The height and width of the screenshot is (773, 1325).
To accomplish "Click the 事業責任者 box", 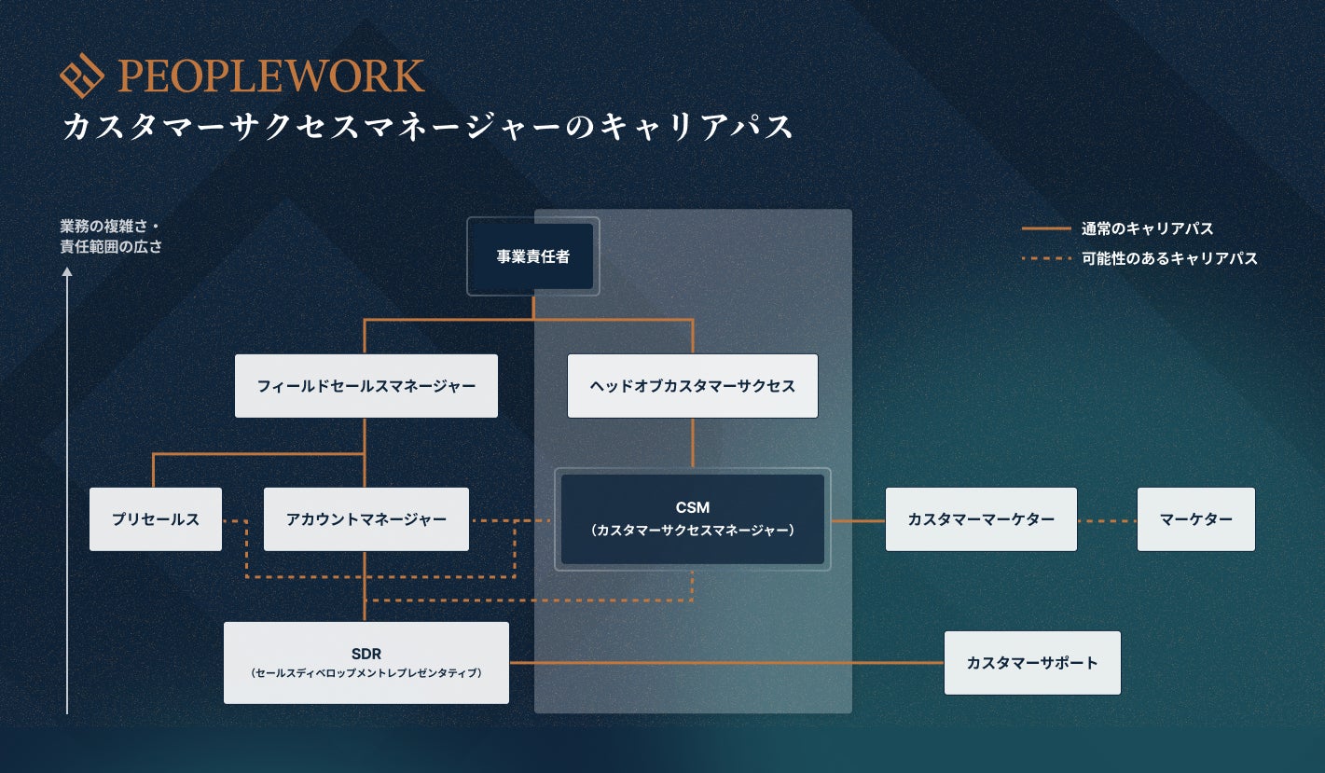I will pyautogui.click(x=532, y=256).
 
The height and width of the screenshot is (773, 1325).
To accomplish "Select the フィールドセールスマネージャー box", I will pyautogui.click(x=366, y=385).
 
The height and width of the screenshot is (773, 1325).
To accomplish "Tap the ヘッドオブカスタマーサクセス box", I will pyautogui.click(x=692, y=385).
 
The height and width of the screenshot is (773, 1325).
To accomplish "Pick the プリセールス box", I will pyautogui.click(x=156, y=519).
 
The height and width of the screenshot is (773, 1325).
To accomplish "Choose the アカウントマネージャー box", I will pyautogui.click(x=366, y=519).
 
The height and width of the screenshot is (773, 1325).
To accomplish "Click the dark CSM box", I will pyautogui.click(x=692, y=519).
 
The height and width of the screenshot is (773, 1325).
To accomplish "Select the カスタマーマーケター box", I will pyautogui.click(x=981, y=519).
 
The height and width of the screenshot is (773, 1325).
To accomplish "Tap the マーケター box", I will pyautogui.click(x=1195, y=519).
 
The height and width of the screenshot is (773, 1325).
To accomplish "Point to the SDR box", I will pyautogui.click(x=366, y=662).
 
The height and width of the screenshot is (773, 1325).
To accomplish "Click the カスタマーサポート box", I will pyautogui.click(x=1032, y=663).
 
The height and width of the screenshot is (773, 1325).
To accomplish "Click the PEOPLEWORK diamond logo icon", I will pyautogui.click(x=81, y=77).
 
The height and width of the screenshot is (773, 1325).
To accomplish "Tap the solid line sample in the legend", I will pyautogui.click(x=1045, y=228).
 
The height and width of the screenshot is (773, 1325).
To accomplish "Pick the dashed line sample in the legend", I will pyautogui.click(x=1045, y=258).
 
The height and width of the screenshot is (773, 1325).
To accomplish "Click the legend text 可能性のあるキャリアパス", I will pyautogui.click(x=1169, y=258).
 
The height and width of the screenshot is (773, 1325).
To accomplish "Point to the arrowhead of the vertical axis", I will pyautogui.click(x=67, y=273).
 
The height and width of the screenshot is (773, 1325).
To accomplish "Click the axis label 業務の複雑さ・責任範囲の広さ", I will pyautogui.click(x=111, y=237).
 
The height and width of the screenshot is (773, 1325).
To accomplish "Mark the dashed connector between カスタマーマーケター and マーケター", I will pyautogui.click(x=1107, y=520).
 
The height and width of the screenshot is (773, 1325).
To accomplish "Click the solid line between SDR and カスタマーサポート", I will pyautogui.click(x=726, y=663).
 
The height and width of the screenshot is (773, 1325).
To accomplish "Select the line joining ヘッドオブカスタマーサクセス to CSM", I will pyautogui.click(x=692, y=443).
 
